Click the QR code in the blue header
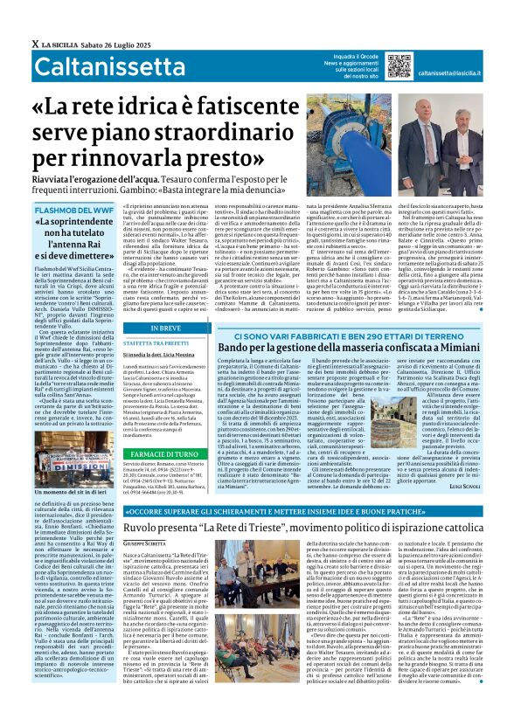tap(399, 66)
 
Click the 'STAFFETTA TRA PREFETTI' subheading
tap(169, 320)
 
